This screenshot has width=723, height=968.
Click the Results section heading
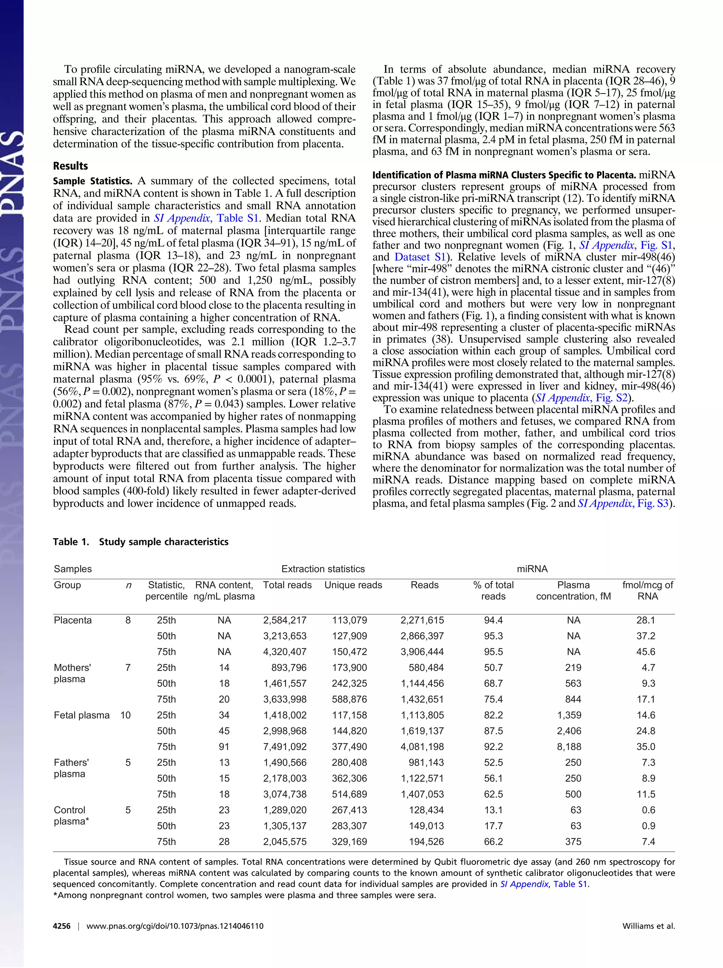point(70,166)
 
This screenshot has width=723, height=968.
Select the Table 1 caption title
point(141,542)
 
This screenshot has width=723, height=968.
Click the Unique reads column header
point(353,585)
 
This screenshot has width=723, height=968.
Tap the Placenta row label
point(73,620)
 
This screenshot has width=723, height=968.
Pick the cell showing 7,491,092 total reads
point(285,747)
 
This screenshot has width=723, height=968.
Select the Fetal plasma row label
point(81,715)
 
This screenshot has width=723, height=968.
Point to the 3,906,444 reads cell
point(422,652)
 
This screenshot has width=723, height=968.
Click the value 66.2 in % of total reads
point(494,842)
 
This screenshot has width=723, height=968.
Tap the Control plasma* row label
point(71,816)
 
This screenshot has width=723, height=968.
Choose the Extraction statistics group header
point(323,569)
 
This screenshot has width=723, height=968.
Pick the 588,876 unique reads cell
point(349,699)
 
